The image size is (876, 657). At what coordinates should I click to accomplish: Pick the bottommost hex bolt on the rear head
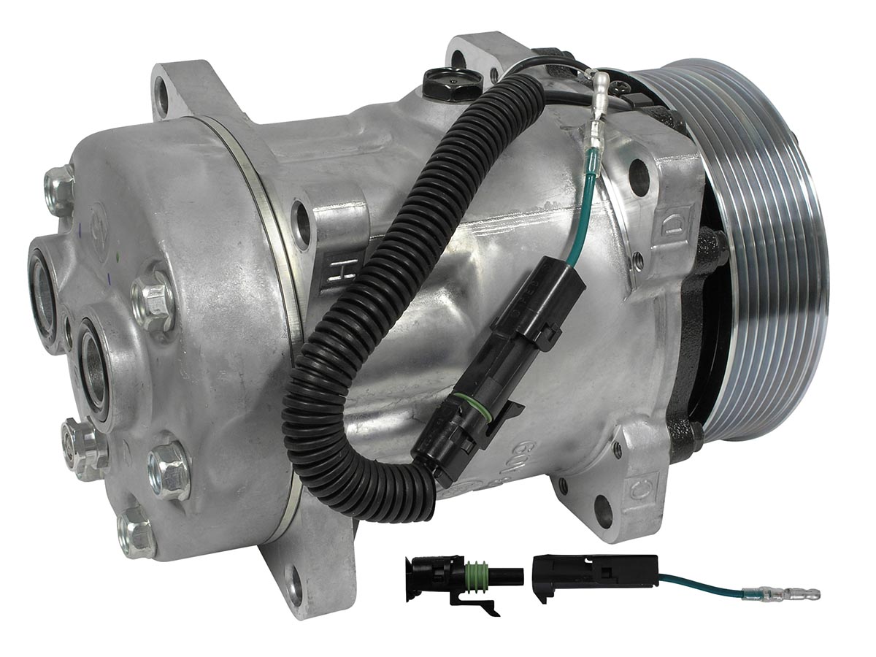[x=136, y=530]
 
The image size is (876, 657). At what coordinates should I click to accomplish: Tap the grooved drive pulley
[x=766, y=255]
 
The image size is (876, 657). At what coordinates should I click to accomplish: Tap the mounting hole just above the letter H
[x=301, y=217]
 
